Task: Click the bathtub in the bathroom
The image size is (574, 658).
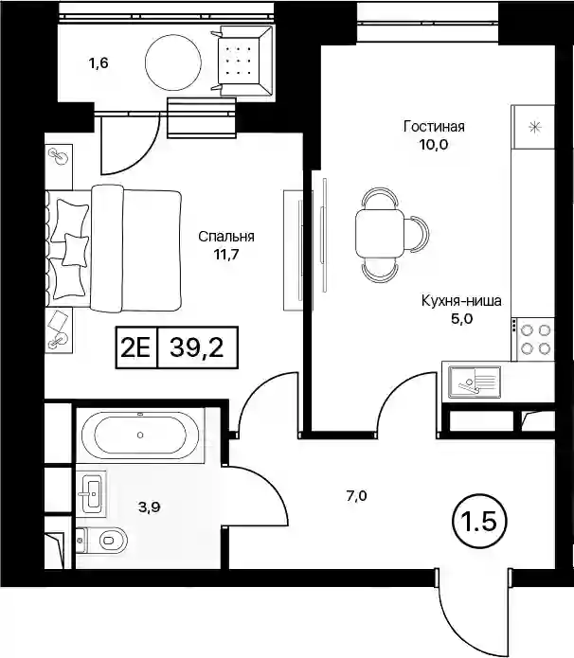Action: tap(140, 436)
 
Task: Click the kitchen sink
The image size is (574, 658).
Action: tap(475, 382)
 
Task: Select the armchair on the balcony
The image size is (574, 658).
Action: tap(242, 61)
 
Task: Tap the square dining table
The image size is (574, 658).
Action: tap(380, 233)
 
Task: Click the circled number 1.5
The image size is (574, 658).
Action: tap(479, 522)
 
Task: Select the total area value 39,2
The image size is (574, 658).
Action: tap(196, 347)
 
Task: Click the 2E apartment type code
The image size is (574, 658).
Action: tap(135, 347)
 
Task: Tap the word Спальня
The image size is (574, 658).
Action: tap(226, 237)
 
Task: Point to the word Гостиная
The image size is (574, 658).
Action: tap(434, 126)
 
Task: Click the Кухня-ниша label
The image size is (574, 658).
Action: tap(461, 301)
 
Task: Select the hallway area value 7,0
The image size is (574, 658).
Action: tap(356, 496)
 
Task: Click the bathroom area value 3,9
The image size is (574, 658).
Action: tap(150, 507)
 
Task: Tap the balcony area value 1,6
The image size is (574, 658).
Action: tap(99, 63)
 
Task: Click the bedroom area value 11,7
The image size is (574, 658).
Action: tap(226, 255)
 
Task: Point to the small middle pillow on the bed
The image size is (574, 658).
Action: tap(75, 250)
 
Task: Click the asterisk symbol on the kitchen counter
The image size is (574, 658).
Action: tap(534, 127)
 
